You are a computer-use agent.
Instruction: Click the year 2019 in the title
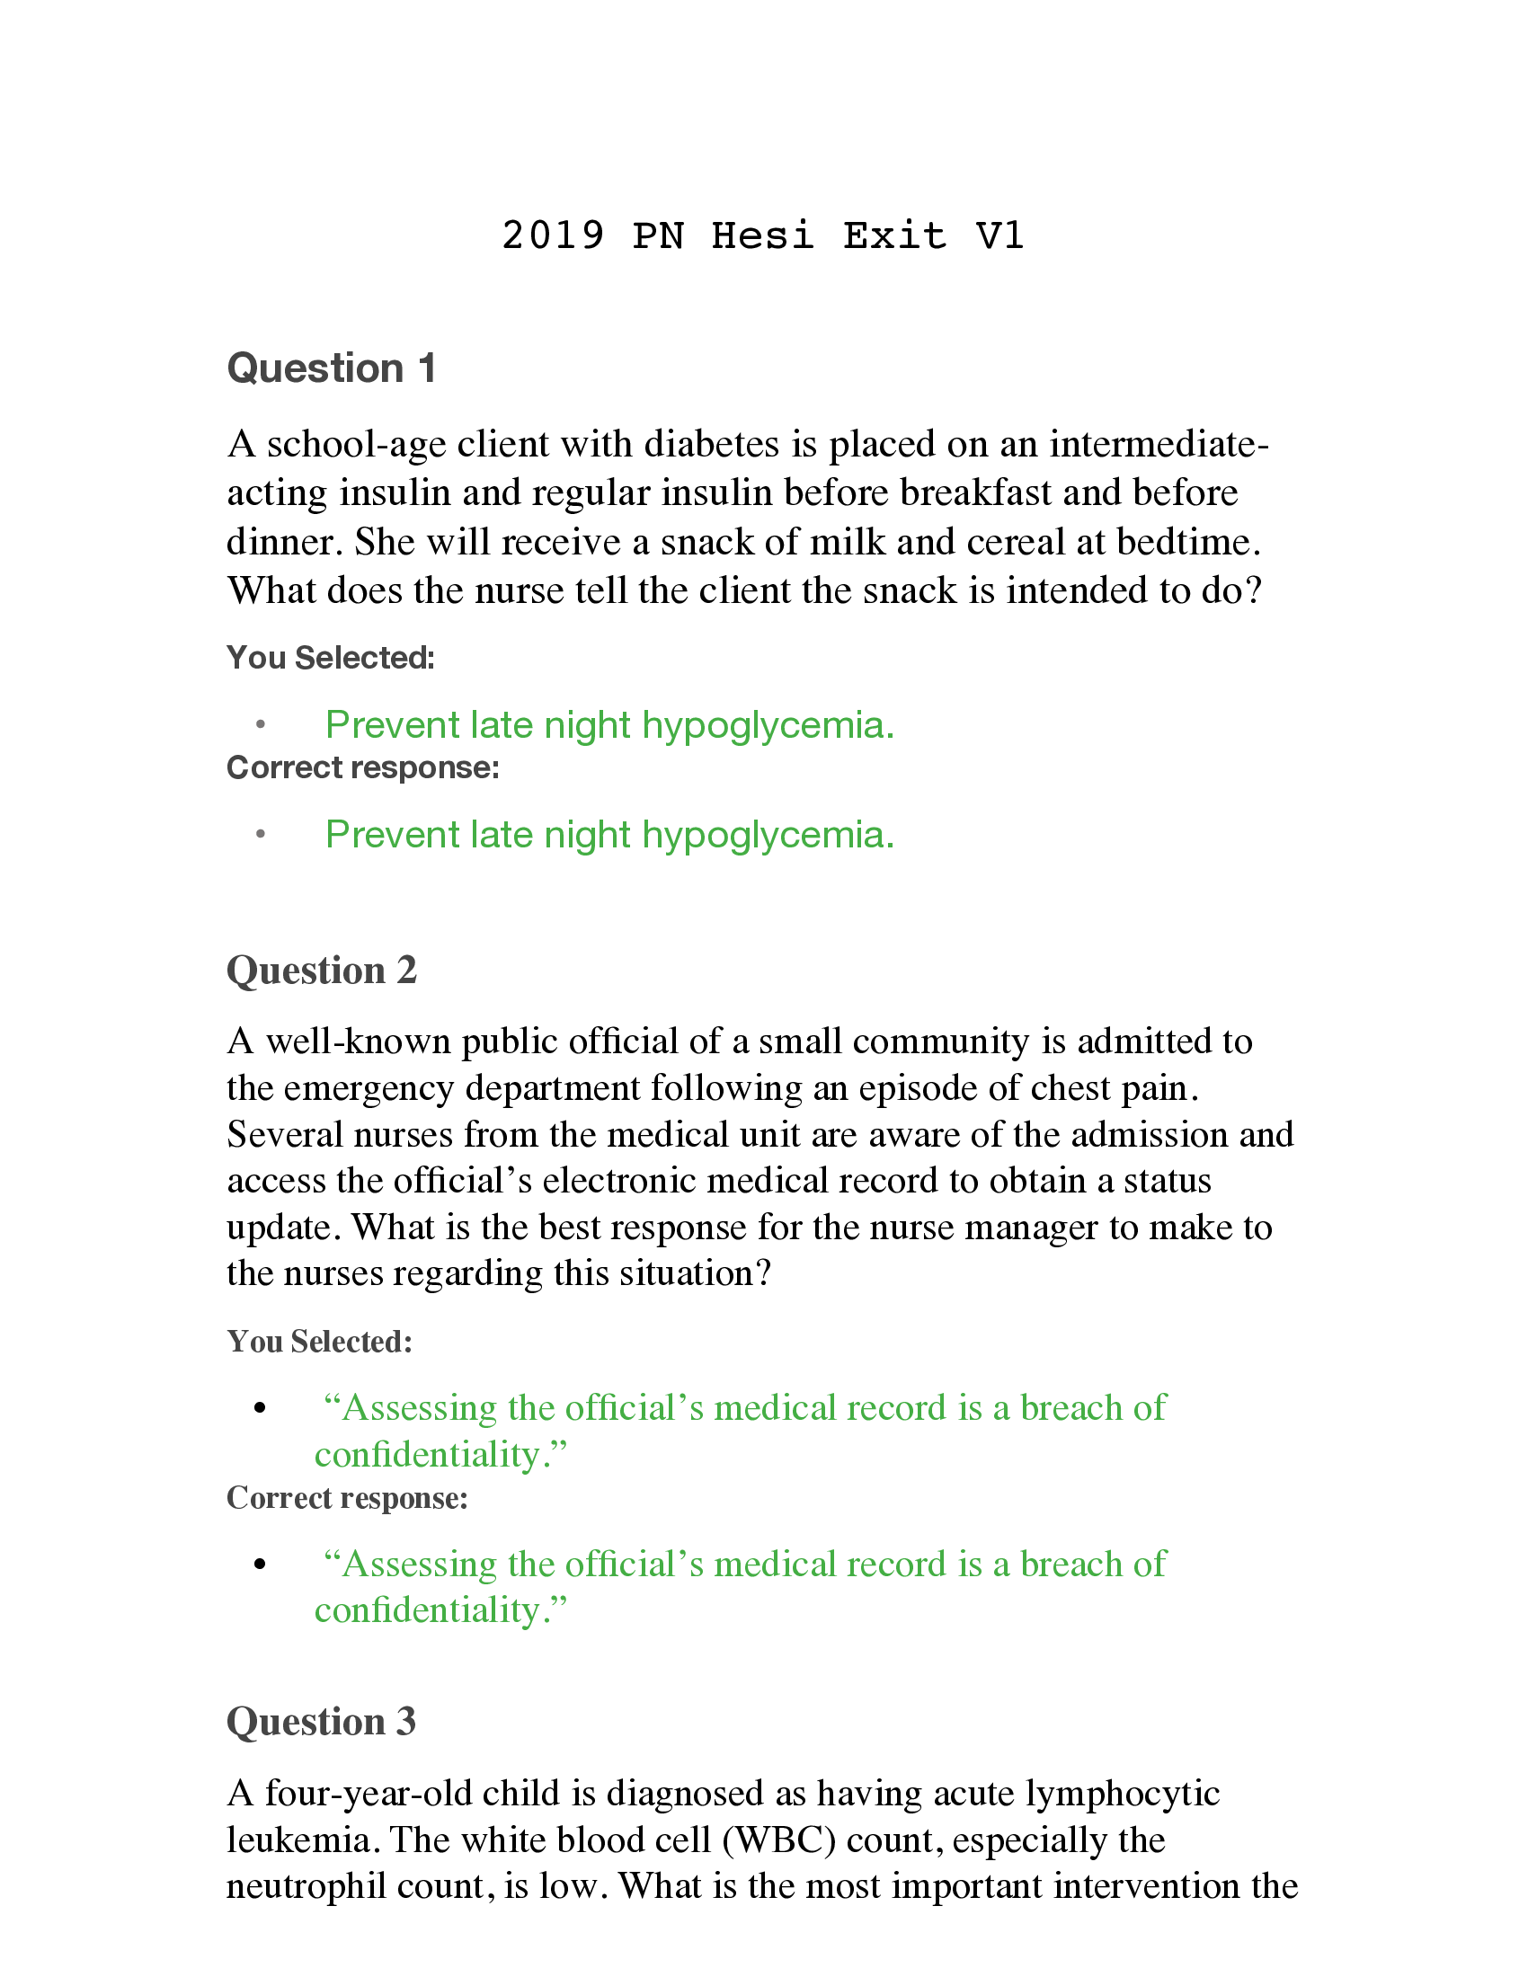coord(553,235)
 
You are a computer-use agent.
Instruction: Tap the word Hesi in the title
coord(762,235)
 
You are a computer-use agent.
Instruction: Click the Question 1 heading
coord(332,368)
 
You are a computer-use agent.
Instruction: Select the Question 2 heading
coord(322,971)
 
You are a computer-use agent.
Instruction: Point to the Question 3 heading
coord(321,1722)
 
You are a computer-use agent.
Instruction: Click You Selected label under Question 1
coord(331,658)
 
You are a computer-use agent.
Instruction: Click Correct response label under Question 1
coord(362,767)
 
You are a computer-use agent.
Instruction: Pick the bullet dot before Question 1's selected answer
coord(261,724)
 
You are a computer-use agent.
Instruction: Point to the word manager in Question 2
coord(1031,1228)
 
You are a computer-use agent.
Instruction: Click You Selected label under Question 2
coord(320,1342)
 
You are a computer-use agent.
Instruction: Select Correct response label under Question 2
coord(347,1498)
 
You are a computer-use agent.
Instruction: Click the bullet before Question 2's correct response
coord(261,1565)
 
